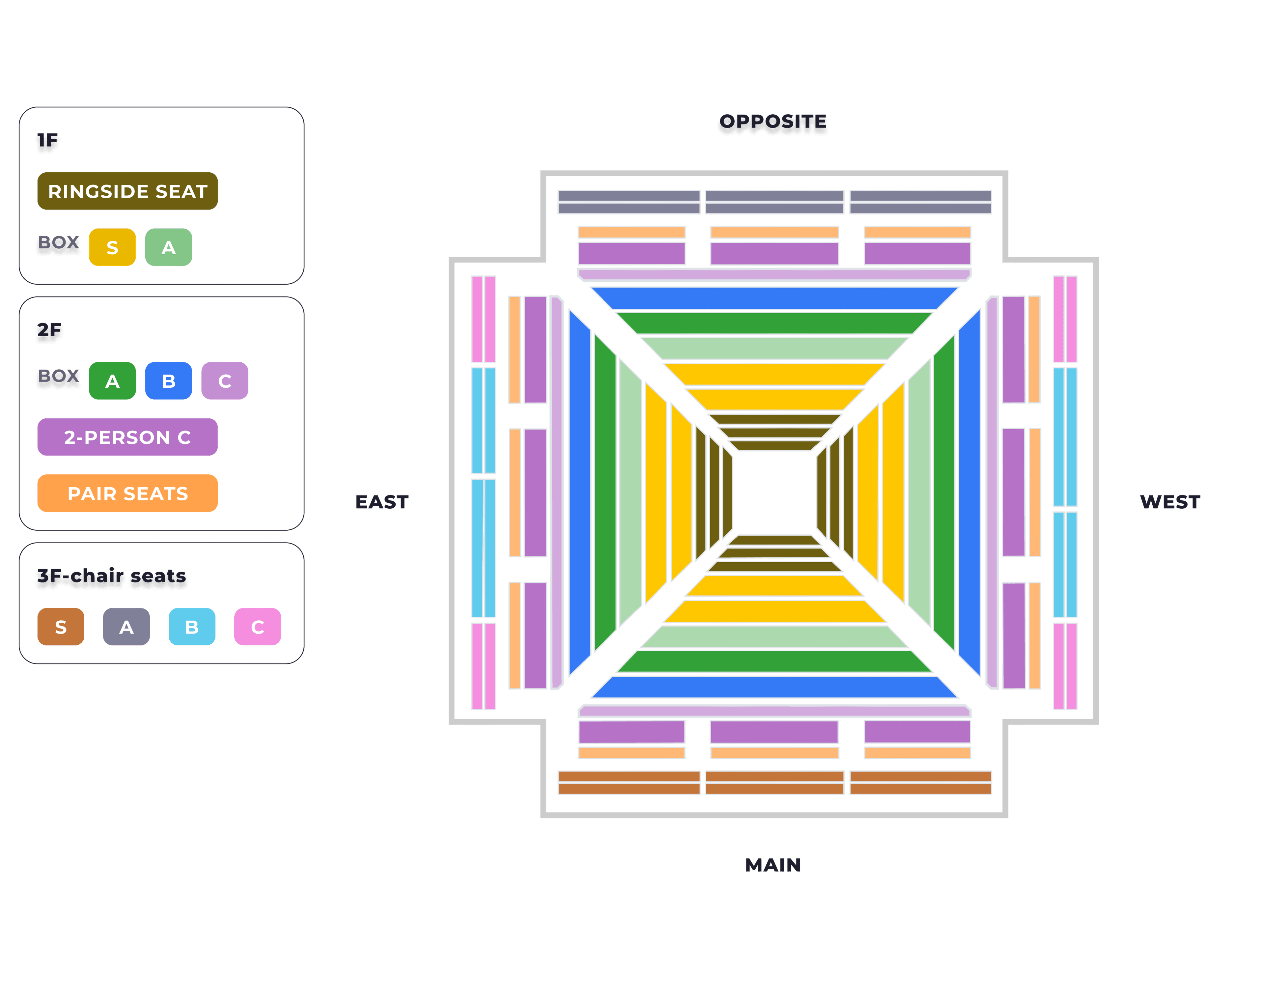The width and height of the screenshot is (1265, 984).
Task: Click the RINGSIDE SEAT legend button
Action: point(127,191)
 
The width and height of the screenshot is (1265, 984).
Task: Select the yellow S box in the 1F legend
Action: point(112,247)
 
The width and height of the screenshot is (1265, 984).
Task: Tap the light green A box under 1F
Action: point(169,247)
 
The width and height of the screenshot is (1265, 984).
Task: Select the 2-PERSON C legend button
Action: point(127,437)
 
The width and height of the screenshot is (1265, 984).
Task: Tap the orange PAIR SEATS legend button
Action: point(127,493)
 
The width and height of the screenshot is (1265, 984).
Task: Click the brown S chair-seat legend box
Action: point(61,627)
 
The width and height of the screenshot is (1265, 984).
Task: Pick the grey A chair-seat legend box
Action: point(126,627)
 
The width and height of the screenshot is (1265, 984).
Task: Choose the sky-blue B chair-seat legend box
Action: point(192,627)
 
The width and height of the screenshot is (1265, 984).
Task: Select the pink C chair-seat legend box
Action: point(258,627)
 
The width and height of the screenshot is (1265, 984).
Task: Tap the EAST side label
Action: point(382,502)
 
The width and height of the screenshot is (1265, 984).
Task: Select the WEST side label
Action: point(1170,502)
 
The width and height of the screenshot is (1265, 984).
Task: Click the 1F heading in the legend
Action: point(47,142)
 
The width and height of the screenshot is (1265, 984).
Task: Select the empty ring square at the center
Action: point(774,492)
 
